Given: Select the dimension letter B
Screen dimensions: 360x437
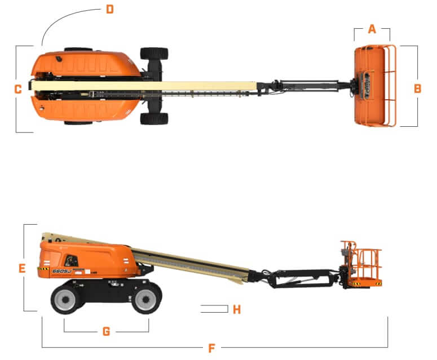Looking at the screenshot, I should click(417, 88).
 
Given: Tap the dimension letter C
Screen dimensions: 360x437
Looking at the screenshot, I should click(18, 88).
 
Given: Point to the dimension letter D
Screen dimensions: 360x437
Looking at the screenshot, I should click(109, 9).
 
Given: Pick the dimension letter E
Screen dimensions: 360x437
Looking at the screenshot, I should click(22, 269).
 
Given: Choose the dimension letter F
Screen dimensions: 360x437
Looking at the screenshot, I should click(211, 348).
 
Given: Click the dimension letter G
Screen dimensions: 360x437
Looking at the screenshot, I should click(106, 331).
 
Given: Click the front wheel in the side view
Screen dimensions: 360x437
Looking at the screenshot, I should click(147, 296).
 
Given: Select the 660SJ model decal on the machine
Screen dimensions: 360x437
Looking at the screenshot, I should click(61, 271).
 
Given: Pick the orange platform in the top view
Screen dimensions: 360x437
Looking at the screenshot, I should click(374, 86).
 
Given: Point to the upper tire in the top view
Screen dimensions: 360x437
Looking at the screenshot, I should click(154, 54).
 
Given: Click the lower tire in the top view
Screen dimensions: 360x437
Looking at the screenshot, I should click(154, 118).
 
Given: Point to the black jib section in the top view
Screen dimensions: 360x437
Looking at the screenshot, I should click(307, 86).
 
